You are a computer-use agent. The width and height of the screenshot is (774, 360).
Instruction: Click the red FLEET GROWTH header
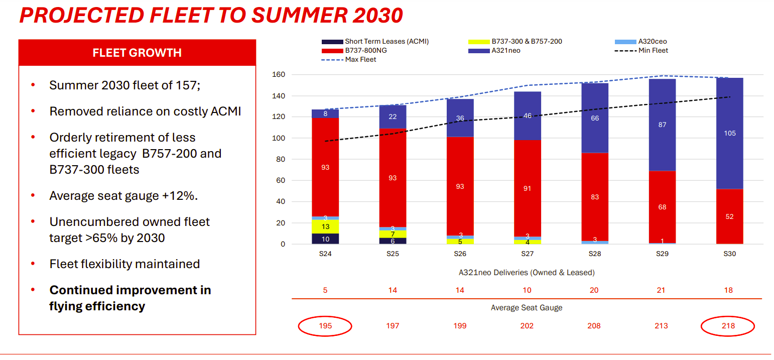(137, 53)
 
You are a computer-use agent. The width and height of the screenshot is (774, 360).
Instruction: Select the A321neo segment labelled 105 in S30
(729, 134)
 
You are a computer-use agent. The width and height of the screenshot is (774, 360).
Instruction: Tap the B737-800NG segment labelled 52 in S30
(729, 216)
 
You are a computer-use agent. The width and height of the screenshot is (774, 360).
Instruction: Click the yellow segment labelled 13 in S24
(325, 226)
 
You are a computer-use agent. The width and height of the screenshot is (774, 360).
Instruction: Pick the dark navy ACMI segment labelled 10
(325, 238)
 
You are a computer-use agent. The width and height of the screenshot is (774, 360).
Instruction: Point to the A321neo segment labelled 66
(595, 118)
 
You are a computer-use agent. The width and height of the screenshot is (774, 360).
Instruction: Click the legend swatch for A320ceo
(625, 42)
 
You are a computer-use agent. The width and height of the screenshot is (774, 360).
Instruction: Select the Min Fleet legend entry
(641, 50)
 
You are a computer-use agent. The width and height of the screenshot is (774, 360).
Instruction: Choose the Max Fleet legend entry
(349, 59)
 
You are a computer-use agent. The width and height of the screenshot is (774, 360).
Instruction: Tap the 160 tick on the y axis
(279, 74)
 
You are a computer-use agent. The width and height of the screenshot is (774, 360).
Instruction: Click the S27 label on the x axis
(527, 254)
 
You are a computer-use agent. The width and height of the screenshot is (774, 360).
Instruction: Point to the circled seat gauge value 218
(728, 326)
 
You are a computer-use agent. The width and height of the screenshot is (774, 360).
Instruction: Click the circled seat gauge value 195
(325, 326)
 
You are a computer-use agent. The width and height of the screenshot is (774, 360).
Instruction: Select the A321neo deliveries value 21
(661, 290)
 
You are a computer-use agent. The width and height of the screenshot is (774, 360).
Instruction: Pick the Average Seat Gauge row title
(527, 307)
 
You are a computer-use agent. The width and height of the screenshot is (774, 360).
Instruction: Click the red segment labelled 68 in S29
(662, 207)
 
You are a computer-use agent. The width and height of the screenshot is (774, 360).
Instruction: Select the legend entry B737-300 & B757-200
(515, 42)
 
